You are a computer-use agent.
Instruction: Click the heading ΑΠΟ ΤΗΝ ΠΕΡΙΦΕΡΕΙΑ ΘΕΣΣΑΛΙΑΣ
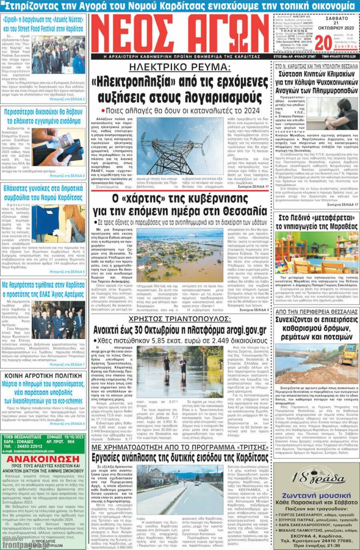tap(317, 312)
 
